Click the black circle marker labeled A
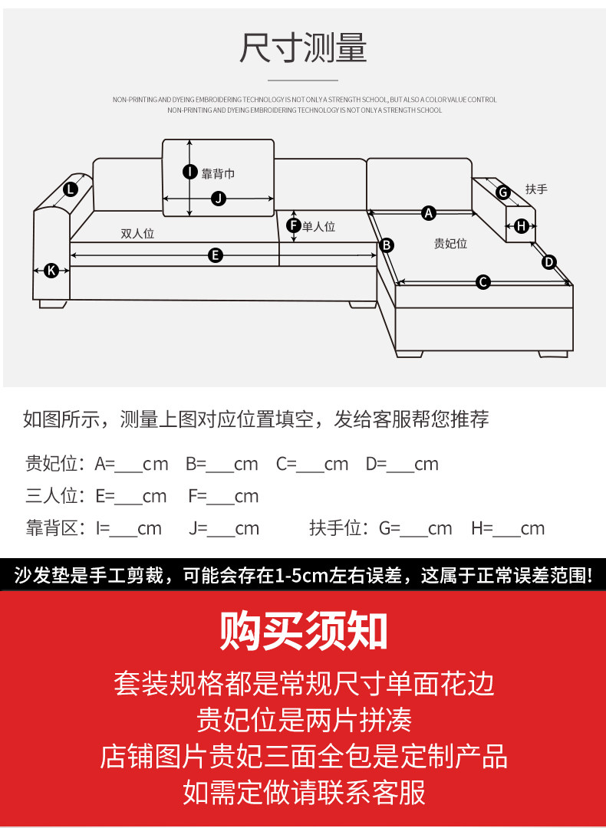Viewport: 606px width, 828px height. tap(429, 213)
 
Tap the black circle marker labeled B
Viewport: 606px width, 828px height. tap(387, 245)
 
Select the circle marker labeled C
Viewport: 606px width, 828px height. tap(483, 282)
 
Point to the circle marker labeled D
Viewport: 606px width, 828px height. tap(549, 262)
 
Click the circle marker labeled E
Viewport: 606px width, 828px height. tap(215, 255)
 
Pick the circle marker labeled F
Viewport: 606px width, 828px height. tap(293, 226)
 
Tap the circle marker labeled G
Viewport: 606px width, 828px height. tap(503, 192)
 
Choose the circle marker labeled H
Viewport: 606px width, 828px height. tap(522, 226)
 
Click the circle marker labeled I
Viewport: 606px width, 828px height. tap(190, 172)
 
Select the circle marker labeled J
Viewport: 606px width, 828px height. tap(218, 199)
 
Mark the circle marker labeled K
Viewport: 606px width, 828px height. tap(51, 271)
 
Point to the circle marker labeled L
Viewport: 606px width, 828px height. tap(71, 189)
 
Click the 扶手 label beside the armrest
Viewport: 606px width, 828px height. tap(536, 189)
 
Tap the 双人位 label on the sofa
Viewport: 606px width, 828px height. tap(137, 233)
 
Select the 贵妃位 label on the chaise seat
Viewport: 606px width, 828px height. tap(451, 244)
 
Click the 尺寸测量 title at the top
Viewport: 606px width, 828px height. tap(303, 48)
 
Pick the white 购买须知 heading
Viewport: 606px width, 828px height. tap(303, 631)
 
